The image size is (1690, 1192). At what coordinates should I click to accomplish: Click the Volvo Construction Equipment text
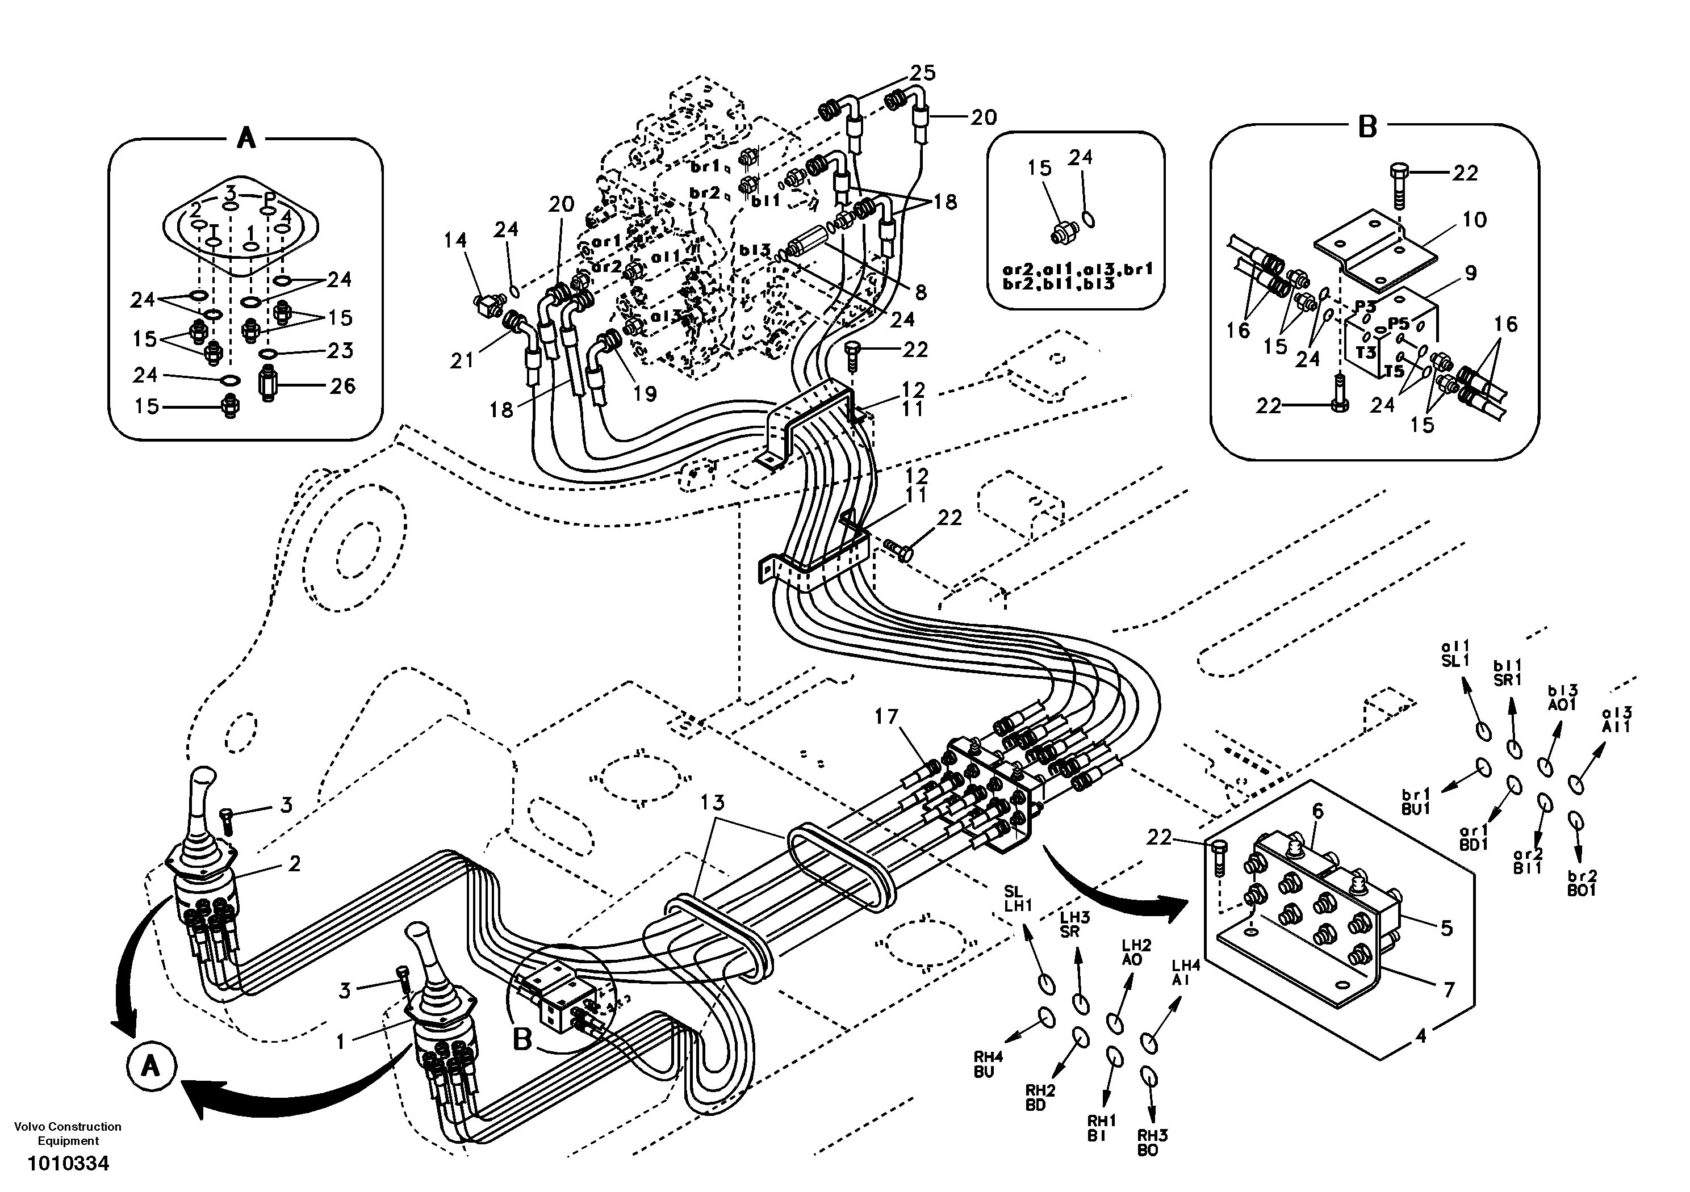[x=68, y=1133]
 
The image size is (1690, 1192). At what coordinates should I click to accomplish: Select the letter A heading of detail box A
[x=246, y=137]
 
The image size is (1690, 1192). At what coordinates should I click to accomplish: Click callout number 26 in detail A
[x=341, y=385]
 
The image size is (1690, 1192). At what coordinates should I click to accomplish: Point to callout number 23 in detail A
[x=340, y=350]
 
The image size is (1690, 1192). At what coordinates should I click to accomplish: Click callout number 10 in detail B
[x=1474, y=219]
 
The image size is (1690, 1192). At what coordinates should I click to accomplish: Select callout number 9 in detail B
[x=1470, y=273]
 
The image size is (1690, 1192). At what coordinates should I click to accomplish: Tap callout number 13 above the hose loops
[x=713, y=802]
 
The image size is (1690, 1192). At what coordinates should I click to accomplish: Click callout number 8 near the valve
[x=921, y=292]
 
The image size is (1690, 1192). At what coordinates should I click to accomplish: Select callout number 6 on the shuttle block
[x=1317, y=812]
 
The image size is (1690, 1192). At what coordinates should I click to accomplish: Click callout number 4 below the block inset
[x=1421, y=1036]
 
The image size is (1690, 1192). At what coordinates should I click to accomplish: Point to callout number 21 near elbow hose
[x=462, y=361]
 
